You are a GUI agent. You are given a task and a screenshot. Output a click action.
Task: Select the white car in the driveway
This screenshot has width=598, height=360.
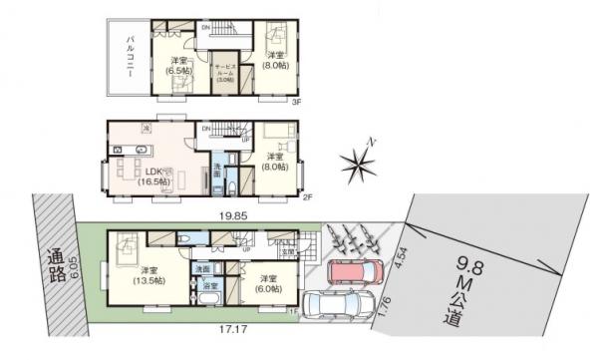336,303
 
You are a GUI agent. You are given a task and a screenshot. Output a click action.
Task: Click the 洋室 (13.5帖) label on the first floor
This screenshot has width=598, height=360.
151,276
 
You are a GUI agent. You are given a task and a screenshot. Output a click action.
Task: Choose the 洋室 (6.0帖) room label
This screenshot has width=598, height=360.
267,282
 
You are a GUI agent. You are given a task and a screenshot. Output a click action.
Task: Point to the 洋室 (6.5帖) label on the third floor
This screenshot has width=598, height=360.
179,65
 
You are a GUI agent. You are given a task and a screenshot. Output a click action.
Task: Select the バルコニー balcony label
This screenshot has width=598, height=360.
131,57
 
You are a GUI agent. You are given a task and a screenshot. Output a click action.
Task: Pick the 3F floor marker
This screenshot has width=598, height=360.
296,102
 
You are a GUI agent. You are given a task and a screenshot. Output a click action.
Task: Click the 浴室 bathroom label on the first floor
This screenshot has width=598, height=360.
209,286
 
